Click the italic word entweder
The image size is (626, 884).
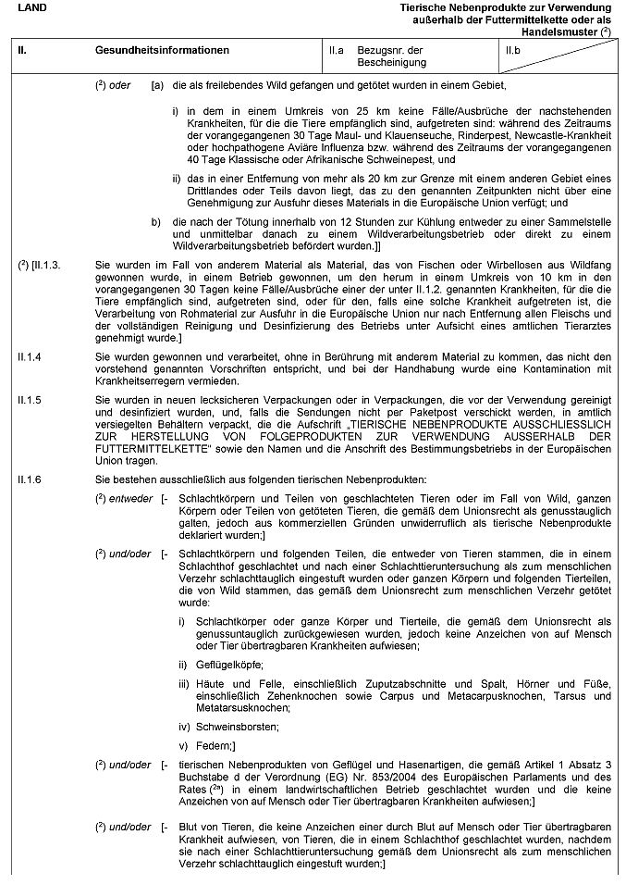click(125, 498)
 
